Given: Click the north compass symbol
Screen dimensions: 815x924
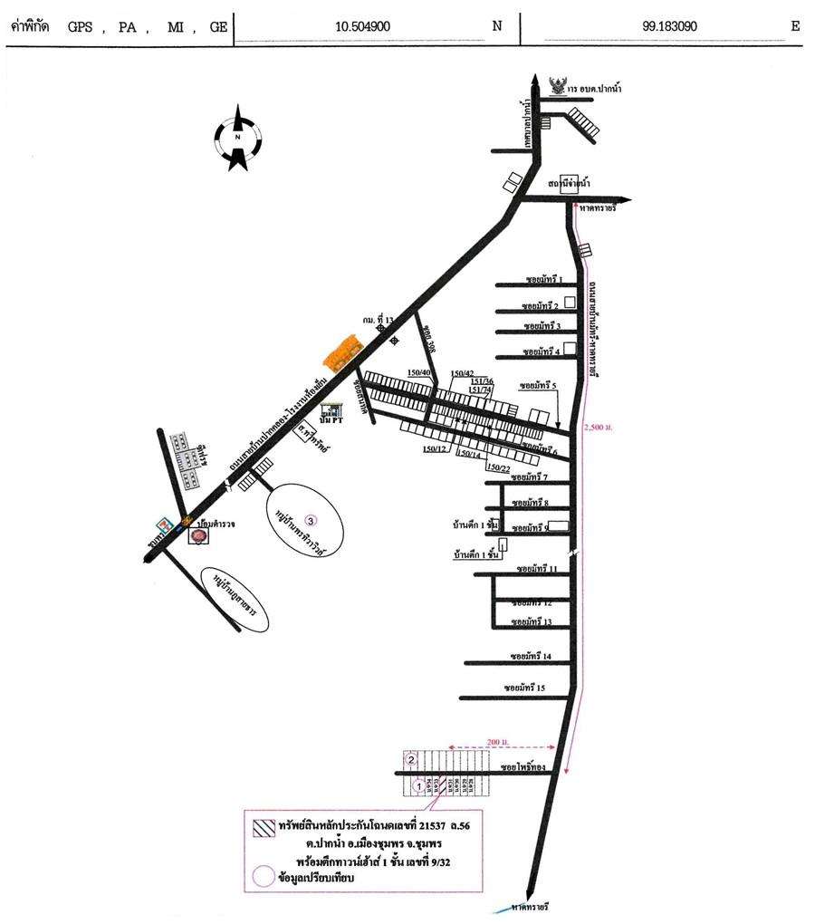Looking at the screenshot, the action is (x=237, y=138).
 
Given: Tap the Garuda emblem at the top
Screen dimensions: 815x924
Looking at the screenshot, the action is (x=560, y=85).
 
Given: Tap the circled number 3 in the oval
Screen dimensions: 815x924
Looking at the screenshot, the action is (x=311, y=520).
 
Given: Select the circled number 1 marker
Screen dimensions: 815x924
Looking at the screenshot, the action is (x=417, y=786).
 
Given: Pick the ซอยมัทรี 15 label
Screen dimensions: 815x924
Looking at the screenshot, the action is (x=527, y=688).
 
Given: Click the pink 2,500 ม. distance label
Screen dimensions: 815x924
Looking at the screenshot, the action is (x=599, y=426).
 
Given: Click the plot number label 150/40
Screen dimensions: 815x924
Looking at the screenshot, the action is (x=419, y=371).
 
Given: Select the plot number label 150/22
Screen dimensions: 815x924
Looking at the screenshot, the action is (x=498, y=467).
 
